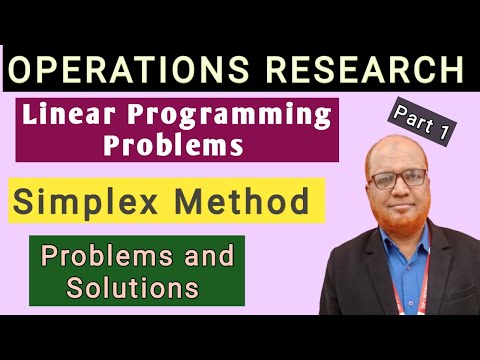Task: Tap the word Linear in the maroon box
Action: pyautogui.click(x=91, y=116)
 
